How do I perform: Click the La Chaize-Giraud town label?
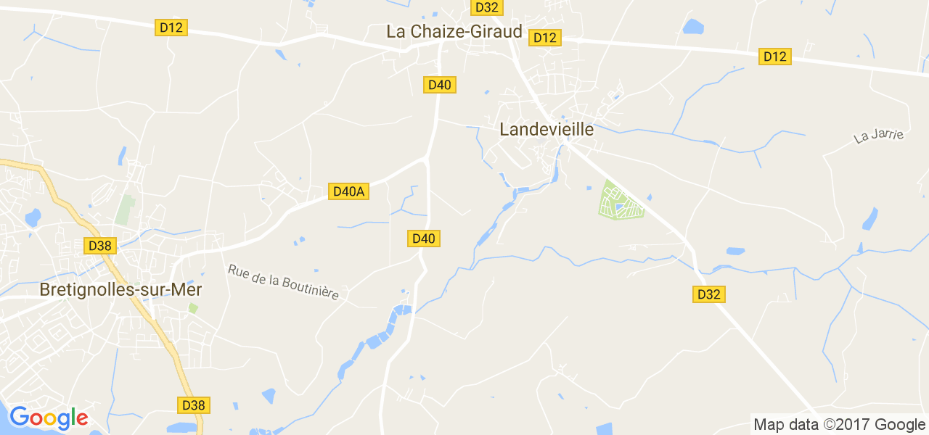click(454, 31)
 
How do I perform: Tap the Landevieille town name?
click(547, 130)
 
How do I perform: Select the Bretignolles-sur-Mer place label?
click(120, 289)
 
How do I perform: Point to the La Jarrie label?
click(878, 135)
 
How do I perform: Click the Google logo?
click(48, 418)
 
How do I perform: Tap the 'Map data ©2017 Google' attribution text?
click(839, 425)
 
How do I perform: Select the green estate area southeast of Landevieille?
click(621, 202)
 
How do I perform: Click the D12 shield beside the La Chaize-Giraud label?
click(544, 38)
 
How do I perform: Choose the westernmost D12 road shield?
click(171, 28)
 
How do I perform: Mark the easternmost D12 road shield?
click(774, 57)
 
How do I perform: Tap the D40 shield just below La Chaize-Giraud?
click(439, 85)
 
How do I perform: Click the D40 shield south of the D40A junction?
click(423, 238)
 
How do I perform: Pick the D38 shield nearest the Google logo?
click(194, 405)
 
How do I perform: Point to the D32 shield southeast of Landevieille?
click(709, 294)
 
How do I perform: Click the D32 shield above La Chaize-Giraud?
click(486, 7)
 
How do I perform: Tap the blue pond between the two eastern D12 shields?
click(693, 28)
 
